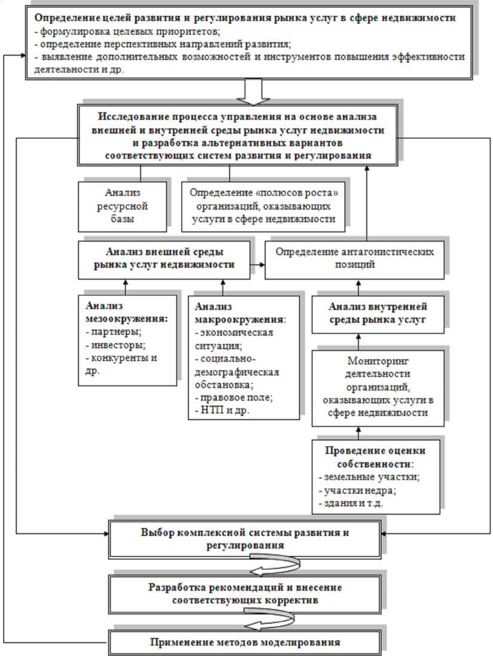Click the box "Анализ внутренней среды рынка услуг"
pyautogui.click(x=376, y=312)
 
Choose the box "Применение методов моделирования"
pyautogui.click(x=244, y=643)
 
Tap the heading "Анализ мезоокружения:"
pyautogui.click(x=125, y=311)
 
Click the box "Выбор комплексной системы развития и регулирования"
pyautogui.click(x=244, y=539)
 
